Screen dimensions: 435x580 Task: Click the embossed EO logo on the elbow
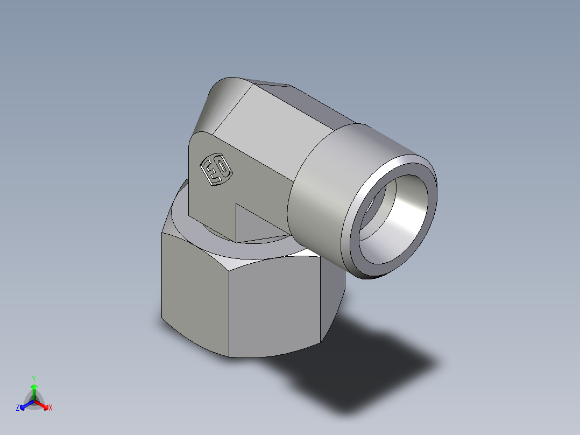215,170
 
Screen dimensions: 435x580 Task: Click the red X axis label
51,408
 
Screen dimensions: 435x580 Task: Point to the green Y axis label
33,378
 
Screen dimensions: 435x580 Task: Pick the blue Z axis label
18,408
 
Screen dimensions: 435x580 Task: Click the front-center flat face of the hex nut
274,310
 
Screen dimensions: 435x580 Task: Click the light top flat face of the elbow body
280,129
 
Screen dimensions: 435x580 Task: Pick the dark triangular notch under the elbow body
253,223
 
